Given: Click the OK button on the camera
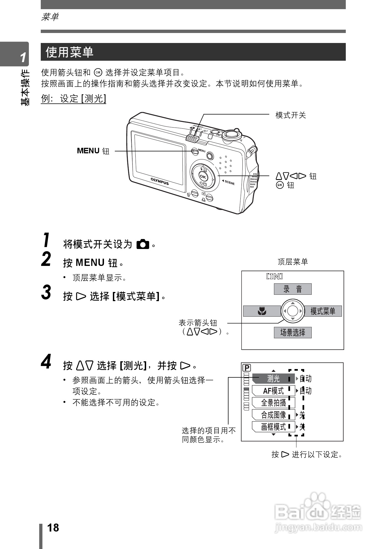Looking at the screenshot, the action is (203, 177).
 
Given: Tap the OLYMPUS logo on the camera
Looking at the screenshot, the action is (160, 181).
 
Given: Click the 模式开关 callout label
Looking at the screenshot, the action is (291, 115).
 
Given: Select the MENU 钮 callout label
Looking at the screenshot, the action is (93, 151).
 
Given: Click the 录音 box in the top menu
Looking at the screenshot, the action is (293, 289).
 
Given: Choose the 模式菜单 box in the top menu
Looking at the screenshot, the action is (323, 311).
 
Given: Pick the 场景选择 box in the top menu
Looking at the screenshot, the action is (293, 332).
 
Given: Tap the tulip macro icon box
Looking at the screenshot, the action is (262, 311).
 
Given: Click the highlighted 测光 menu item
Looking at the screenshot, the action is (273, 378).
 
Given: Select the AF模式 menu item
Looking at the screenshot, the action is (273, 391).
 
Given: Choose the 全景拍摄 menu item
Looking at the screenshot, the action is (273, 403).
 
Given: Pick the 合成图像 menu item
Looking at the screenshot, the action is (273, 415).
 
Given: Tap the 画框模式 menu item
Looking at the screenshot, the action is (273, 427).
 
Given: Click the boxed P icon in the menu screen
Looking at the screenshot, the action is (247, 368).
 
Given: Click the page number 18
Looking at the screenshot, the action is (53, 528).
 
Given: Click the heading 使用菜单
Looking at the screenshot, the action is (69, 52).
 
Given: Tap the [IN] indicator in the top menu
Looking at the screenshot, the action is (274, 276).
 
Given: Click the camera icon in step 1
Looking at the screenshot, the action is (143, 244).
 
